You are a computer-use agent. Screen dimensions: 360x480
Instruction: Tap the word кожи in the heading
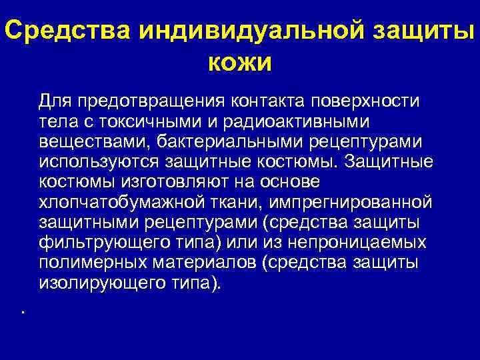240,63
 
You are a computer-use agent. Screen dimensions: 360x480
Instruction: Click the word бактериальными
211,142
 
